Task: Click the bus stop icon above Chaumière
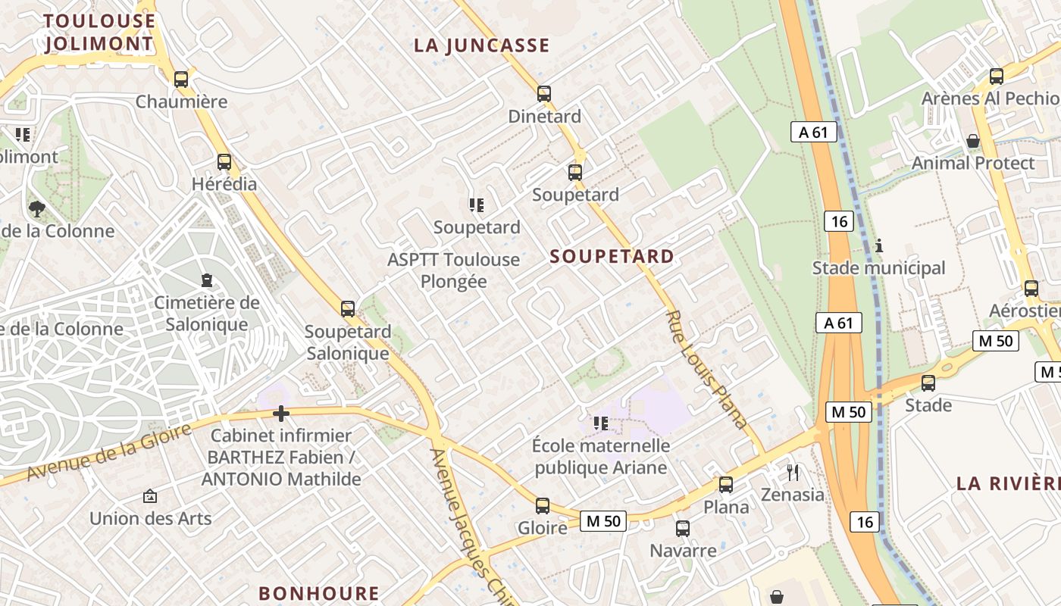coord(180,79)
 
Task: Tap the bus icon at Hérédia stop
coord(224,161)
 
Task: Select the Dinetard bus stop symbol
coord(543,94)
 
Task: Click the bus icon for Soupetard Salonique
coord(347,308)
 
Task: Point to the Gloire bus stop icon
coord(542,505)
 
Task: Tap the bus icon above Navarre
coord(682,528)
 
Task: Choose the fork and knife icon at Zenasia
coord(793,473)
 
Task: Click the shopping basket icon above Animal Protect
coord(972,141)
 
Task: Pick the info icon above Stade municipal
coord(879,246)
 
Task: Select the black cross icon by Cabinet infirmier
coord(281,414)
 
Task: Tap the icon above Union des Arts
coord(150,497)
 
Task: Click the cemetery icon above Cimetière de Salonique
coord(206,280)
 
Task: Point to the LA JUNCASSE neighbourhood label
coord(481,45)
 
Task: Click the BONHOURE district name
coord(318,593)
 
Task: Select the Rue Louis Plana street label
coord(706,369)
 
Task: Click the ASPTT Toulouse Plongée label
coord(453,270)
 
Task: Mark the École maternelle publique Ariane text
coord(601,456)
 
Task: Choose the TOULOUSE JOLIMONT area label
coord(99,32)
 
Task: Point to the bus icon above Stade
coord(928,383)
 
